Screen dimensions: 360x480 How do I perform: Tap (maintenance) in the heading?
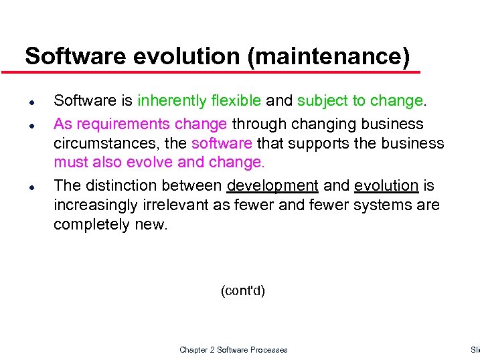[328, 56]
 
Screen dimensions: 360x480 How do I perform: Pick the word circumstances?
[106, 144]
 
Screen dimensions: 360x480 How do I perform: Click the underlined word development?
[272, 185]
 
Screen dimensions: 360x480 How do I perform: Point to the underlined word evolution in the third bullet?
[386, 185]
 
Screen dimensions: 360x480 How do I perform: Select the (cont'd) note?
[242, 291]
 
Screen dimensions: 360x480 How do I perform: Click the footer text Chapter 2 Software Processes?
[234, 349]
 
